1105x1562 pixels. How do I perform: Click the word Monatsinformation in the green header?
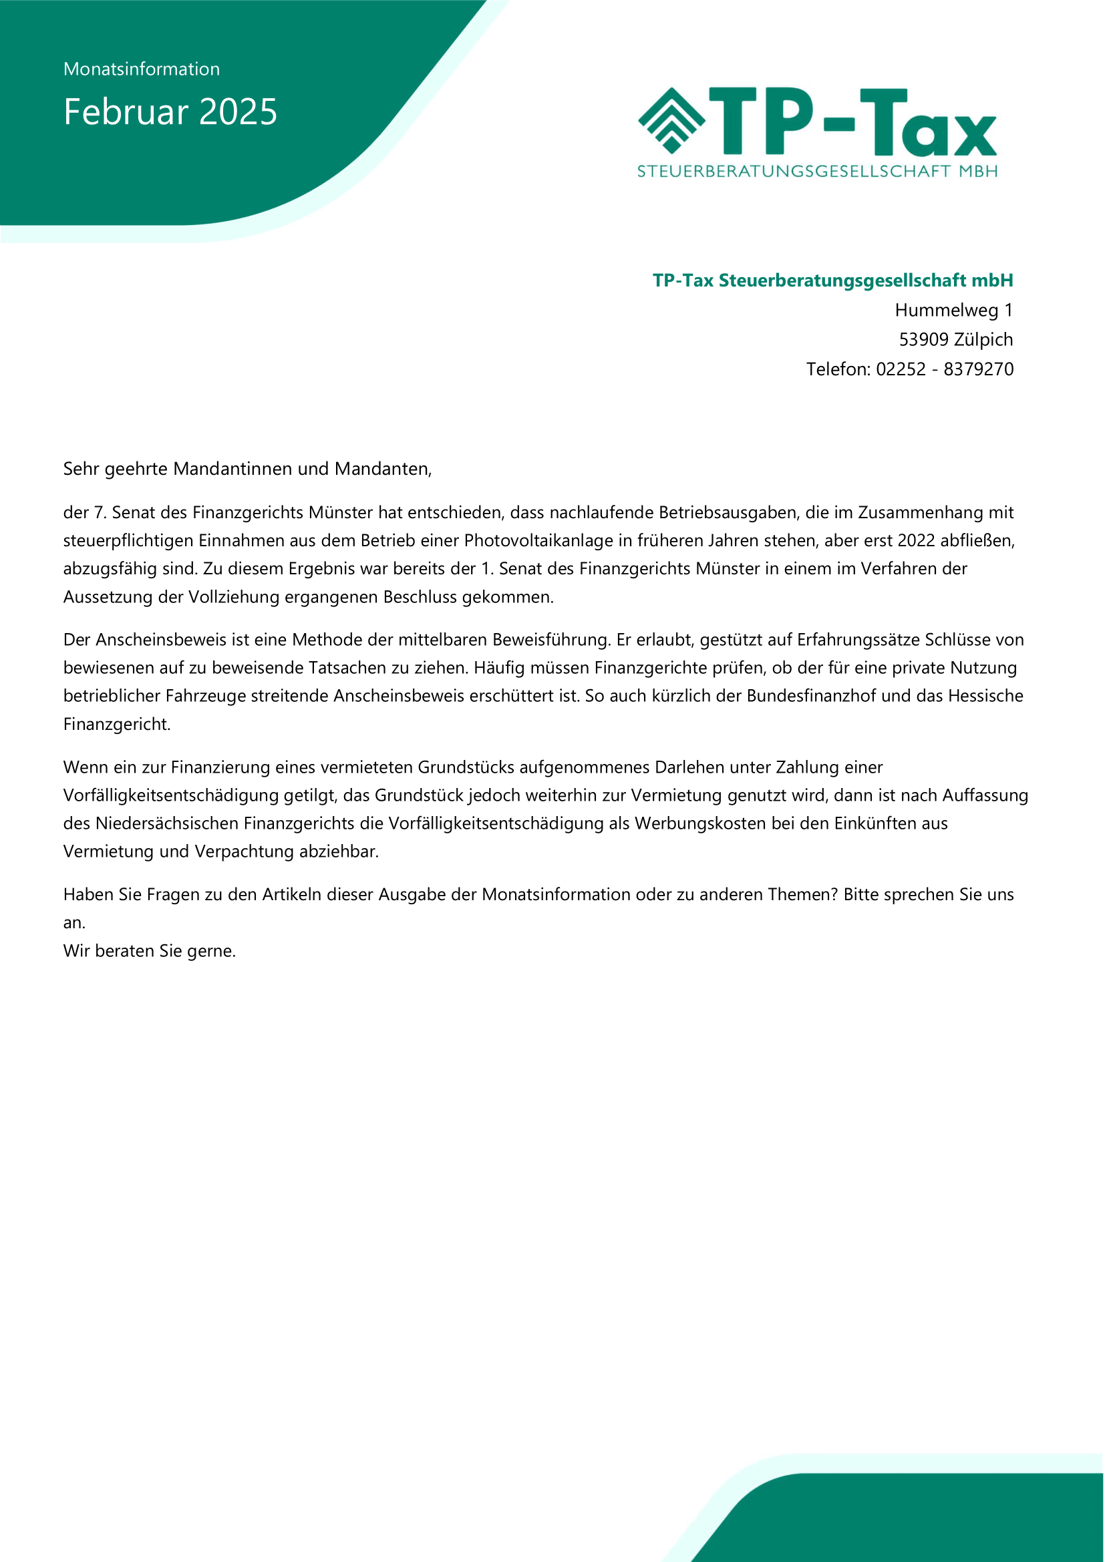(142, 69)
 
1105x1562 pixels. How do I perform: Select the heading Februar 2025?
(170, 112)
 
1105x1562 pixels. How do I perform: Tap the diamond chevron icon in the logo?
(671, 120)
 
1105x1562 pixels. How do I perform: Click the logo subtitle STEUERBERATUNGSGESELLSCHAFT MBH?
(817, 172)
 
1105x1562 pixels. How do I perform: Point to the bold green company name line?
(833, 280)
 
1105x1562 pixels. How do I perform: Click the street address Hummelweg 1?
(953, 311)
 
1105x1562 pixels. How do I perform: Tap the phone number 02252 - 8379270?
(945, 369)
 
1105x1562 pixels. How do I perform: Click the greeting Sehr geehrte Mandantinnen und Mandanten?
(247, 469)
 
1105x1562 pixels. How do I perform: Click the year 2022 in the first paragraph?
(917, 541)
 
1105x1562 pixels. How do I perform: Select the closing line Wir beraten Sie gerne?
(149, 951)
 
